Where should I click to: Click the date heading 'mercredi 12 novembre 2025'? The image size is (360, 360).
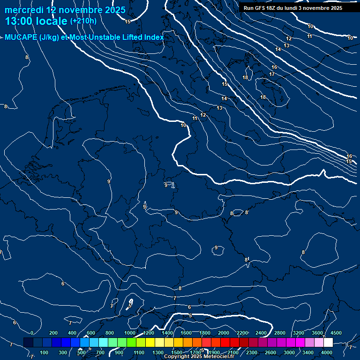[65, 10]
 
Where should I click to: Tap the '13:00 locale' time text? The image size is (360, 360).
[36, 21]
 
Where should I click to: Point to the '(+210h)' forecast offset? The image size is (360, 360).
[83, 21]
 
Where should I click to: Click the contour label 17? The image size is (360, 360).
[272, 74]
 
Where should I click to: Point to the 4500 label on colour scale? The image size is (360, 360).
[336, 333]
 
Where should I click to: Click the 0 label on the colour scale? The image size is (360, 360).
[32, 333]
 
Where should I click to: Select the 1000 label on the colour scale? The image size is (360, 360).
[129, 333]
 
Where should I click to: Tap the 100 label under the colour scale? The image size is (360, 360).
[45, 352]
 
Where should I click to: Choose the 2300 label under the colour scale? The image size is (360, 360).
[252, 352]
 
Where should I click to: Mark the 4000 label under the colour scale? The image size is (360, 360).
[327, 352]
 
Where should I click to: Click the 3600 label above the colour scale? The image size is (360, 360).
[317, 333]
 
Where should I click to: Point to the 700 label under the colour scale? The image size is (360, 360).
[100, 352]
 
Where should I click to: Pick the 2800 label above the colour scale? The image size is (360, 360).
[280, 333]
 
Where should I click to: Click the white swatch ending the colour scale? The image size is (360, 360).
[329, 343]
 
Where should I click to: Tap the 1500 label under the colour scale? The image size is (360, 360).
[177, 352]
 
